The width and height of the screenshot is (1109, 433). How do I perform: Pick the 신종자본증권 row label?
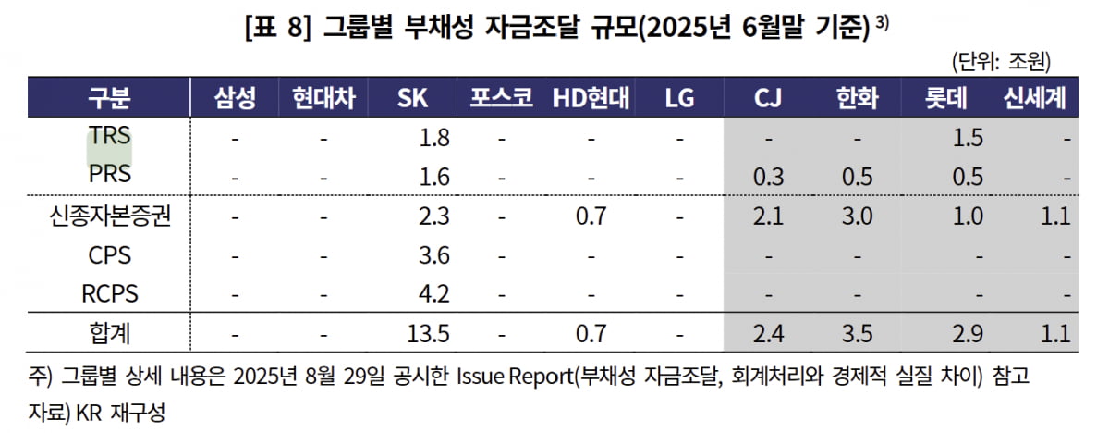109,216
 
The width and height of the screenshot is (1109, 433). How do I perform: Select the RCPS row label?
109,294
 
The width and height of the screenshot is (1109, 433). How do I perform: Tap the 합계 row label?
109,330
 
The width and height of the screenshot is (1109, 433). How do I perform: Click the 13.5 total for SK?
429,330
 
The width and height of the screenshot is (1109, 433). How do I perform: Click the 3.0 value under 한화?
858,216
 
